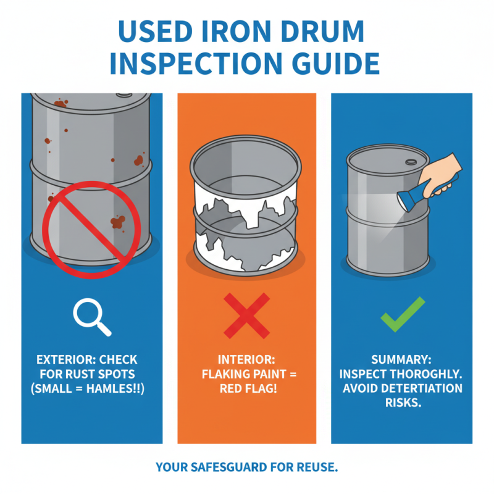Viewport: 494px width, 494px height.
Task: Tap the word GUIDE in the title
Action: pos(327,64)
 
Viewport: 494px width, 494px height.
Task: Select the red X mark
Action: pos(246,315)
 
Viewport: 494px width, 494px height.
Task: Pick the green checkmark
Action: pos(402,314)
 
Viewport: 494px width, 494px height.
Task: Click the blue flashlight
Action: pos(425,190)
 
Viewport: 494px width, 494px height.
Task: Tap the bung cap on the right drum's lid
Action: pos(410,162)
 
